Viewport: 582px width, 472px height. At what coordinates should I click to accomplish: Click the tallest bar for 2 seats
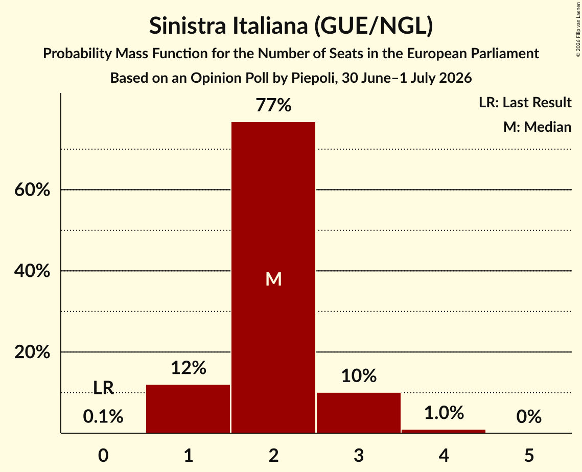point(273,277)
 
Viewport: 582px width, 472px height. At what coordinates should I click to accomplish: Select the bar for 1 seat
point(188,409)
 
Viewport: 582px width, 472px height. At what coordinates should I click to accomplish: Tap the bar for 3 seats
point(359,413)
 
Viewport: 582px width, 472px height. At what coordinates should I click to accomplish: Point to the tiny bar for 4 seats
point(444,431)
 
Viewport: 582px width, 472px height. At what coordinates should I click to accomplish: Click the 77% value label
point(273,105)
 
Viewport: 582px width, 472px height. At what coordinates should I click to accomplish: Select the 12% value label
point(189,368)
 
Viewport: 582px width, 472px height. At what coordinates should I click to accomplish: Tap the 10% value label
point(359,375)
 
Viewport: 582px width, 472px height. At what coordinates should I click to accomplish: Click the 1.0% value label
point(444,413)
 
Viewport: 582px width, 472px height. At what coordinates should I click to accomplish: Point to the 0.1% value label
point(103,416)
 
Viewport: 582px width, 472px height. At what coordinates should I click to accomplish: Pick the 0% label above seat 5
point(529,416)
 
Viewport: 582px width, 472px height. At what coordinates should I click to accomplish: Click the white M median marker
point(273,279)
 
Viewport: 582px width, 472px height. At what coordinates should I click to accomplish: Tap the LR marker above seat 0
point(103,388)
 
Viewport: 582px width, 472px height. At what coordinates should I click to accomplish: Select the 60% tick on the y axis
point(32,190)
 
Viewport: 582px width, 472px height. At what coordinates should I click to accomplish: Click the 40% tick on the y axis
point(32,271)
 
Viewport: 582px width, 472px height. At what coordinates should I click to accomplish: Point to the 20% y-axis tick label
point(32,352)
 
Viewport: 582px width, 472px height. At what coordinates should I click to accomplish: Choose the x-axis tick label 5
point(529,455)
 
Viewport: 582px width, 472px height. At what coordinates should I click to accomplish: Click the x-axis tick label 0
point(103,455)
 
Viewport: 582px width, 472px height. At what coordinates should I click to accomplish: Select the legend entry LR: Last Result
point(525,102)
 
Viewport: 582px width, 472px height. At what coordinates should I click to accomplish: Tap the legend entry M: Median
point(537,127)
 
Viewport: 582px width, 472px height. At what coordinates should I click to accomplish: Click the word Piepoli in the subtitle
point(313,78)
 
